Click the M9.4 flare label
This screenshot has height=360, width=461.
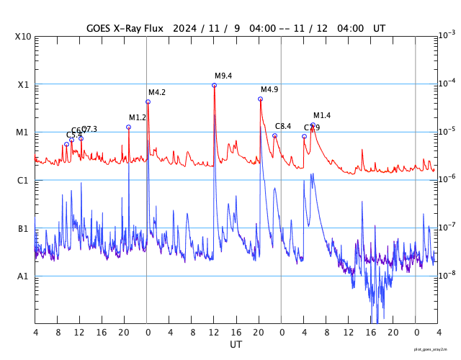pos(223,76)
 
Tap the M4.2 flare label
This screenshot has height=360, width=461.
pos(157,92)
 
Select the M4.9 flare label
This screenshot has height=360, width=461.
pos(269,89)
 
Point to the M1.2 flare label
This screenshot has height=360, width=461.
pos(138,117)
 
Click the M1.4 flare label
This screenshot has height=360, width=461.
pos(322,115)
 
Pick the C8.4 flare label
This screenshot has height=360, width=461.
pos(283,127)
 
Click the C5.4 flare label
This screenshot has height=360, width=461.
pos(73,135)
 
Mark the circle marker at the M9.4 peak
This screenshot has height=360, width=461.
pos(214,85)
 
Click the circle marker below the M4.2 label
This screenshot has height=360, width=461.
pos(148,102)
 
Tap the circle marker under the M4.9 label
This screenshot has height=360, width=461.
pos(260,99)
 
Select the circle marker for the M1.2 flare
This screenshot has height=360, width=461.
pos(128,127)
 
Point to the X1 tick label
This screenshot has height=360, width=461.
pos(23,84)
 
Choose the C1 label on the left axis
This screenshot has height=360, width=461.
pos(23,180)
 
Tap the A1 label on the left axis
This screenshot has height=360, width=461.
pos(23,276)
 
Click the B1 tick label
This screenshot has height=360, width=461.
pos(23,228)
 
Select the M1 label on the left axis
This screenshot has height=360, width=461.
pos(23,132)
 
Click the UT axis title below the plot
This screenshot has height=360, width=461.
pos(236,345)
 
